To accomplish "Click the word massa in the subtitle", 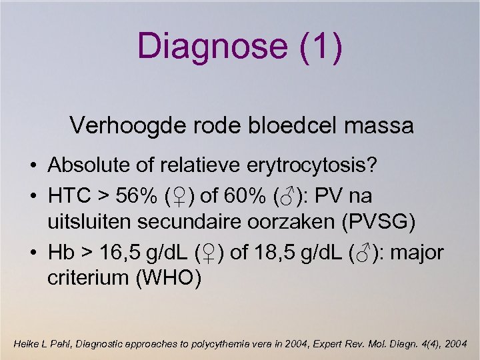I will (381, 125).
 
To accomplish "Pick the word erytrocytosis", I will (317, 165).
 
